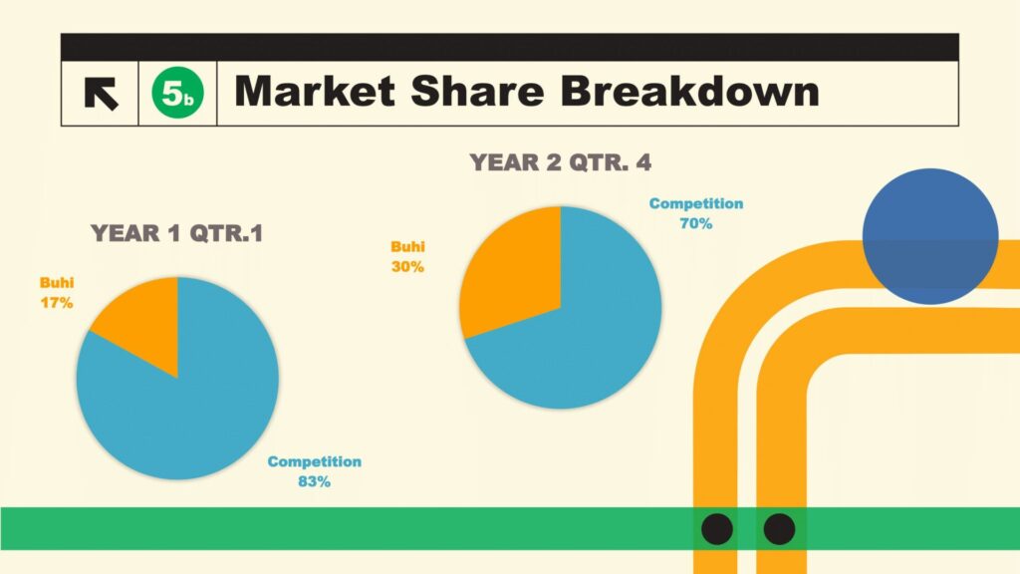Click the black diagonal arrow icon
click(101, 93)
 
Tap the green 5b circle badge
click(177, 93)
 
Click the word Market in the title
click(315, 91)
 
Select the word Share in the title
click(477, 91)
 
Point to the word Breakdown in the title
click(689, 91)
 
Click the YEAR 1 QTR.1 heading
click(177, 233)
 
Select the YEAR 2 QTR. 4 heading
click(560, 162)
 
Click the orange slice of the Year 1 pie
click(146, 319)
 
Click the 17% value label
click(57, 303)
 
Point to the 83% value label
click(314, 481)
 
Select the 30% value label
click(407, 267)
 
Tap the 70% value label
click(696, 224)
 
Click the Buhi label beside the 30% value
click(407, 247)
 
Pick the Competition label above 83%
click(314, 461)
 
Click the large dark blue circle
click(930, 236)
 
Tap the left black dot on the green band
click(717, 528)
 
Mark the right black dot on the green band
click(779, 528)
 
